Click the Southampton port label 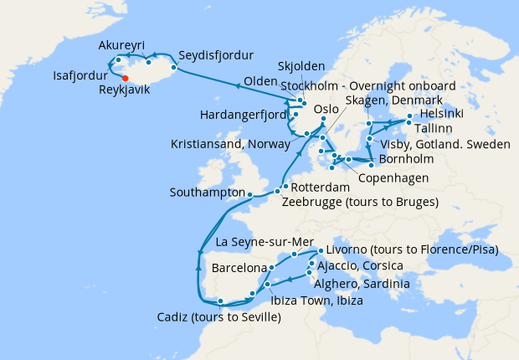(208, 193)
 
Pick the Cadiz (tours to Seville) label (218, 317)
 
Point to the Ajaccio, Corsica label (360, 266)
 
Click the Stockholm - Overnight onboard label (368, 86)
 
